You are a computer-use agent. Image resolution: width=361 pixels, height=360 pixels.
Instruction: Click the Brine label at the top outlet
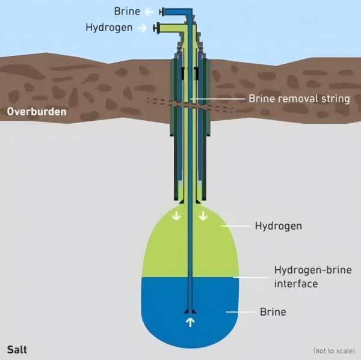(127, 11)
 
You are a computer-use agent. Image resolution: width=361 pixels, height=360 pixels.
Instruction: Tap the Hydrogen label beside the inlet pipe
(109, 28)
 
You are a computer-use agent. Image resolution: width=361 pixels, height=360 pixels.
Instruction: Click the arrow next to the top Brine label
(149, 12)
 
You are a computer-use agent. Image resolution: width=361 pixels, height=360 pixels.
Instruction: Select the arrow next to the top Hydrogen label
(142, 28)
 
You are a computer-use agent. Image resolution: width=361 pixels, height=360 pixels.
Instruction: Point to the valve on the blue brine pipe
(161, 12)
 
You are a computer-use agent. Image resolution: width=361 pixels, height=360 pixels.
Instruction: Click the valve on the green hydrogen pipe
(156, 28)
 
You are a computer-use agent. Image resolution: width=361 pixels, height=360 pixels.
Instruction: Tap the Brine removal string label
(299, 99)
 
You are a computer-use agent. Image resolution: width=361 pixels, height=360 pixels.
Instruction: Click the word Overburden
(37, 112)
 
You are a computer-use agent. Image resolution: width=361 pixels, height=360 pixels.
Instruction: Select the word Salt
(17, 350)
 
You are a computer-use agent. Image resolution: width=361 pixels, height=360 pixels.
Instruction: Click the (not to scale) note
(334, 351)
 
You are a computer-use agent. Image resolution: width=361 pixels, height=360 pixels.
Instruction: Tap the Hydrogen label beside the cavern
(279, 226)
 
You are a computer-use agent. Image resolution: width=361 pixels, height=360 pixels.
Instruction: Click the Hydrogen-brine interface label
(313, 276)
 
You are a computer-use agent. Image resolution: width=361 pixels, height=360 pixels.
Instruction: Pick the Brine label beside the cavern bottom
(273, 312)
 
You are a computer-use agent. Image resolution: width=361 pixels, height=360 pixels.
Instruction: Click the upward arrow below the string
(190, 322)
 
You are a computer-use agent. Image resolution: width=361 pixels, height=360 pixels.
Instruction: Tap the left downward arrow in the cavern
(176, 216)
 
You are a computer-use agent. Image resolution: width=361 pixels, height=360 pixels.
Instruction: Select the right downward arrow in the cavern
(203, 216)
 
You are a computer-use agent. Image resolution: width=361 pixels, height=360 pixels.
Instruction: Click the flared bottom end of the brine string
(190, 311)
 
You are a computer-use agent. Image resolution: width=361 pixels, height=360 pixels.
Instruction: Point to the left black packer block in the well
(183, 74)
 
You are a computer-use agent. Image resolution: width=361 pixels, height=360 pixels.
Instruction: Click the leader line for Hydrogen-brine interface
(251, 278)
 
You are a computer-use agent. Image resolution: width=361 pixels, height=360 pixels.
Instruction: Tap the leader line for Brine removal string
(218, 99)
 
